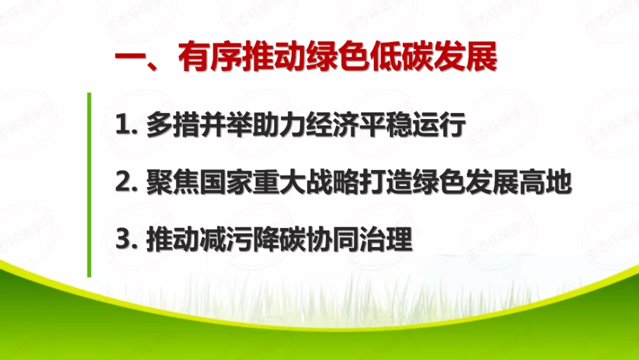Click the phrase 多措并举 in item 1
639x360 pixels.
(x=198, y=126)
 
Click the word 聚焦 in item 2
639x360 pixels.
(x=171, y=184)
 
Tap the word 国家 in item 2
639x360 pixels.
(x=224, y=184)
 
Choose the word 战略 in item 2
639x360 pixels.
(x=331, y=184)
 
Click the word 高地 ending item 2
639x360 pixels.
(x=544, y=184)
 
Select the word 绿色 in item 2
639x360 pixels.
(x=437, y=184)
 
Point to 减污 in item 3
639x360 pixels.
(x=224, y=242)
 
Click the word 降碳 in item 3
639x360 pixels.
(x=277, y=242)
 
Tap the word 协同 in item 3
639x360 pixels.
(x=331, y=242)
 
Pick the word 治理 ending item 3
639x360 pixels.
(x=384, y=242)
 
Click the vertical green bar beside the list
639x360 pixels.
(x=89, y=184)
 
